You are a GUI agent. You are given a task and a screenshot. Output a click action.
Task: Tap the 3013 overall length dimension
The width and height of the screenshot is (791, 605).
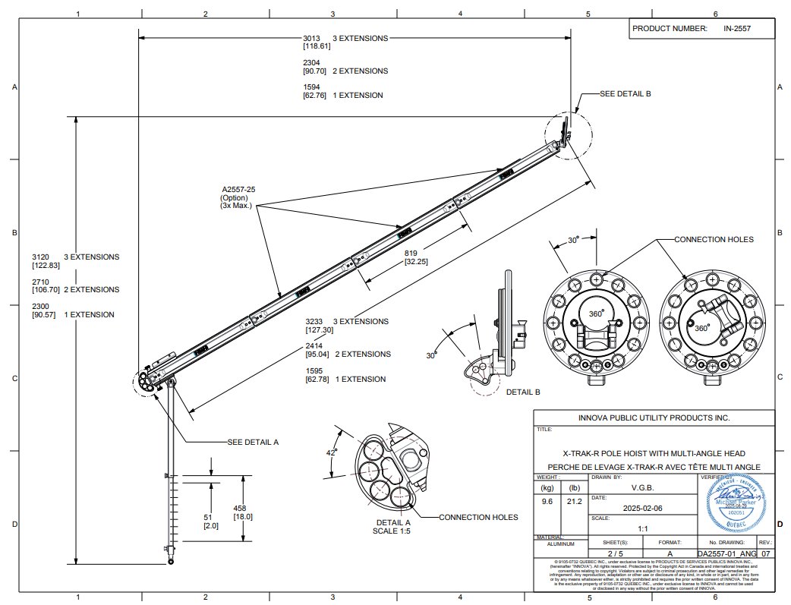(x=312, y=38)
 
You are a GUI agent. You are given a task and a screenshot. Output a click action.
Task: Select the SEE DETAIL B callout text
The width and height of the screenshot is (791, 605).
(x=625, y=93)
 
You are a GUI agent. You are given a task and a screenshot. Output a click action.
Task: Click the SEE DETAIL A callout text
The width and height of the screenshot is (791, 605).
(x=254, y=442)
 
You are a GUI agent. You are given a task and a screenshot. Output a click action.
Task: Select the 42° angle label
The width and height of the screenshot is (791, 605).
(x=331, y=452)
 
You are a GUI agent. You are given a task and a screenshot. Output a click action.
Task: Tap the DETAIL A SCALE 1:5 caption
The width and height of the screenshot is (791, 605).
(x=393, y=527)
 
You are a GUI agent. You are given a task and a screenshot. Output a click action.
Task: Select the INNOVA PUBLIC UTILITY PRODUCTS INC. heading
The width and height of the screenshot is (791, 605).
(x=654, y=418)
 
